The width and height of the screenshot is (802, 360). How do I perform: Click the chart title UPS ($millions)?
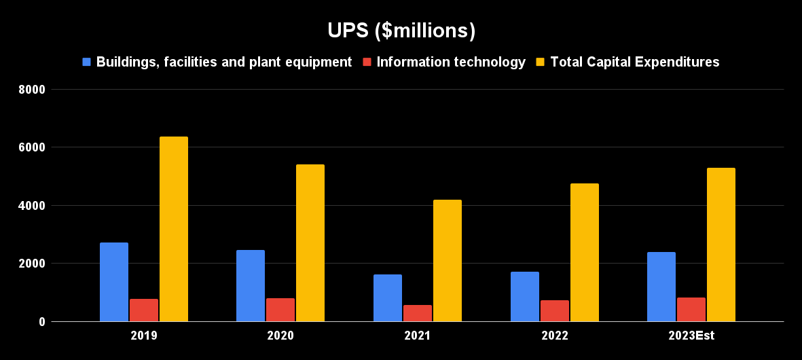[x=401, y=31]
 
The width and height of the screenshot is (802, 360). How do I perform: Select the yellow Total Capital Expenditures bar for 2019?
[x=174, y=229]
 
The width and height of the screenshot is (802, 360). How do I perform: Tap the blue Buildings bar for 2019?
[x=114, y=282]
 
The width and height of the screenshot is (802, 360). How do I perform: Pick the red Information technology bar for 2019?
[x=144, y=310]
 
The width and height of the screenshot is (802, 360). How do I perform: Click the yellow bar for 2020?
[x=310, y=242]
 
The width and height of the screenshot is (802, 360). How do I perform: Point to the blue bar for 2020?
[x=251, y=285]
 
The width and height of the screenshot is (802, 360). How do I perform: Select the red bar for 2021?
[x=418, y=313]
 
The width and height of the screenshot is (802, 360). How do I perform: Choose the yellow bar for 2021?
[x=448, y=260]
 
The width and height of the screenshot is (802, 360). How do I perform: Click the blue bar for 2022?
[x=525, y=297]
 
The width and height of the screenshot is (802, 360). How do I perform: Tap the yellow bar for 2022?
[x=585, y=252]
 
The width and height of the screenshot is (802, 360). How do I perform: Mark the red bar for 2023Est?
[x=691, y=310]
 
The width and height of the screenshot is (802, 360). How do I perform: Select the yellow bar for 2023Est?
[x=721, y=245]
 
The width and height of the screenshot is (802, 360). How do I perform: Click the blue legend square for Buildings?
[x=86, y=62]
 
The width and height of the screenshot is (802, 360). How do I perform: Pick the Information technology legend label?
[x=451, y=62]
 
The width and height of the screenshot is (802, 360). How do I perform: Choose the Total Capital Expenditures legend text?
[x=634, y=62]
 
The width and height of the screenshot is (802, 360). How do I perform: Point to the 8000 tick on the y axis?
[x=32, y=89]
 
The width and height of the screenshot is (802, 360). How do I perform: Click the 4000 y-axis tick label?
[x=32, y=205]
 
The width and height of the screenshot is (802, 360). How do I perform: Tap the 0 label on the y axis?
[x=41, y=322]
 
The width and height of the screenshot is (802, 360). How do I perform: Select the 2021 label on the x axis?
[x=417, y=336]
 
